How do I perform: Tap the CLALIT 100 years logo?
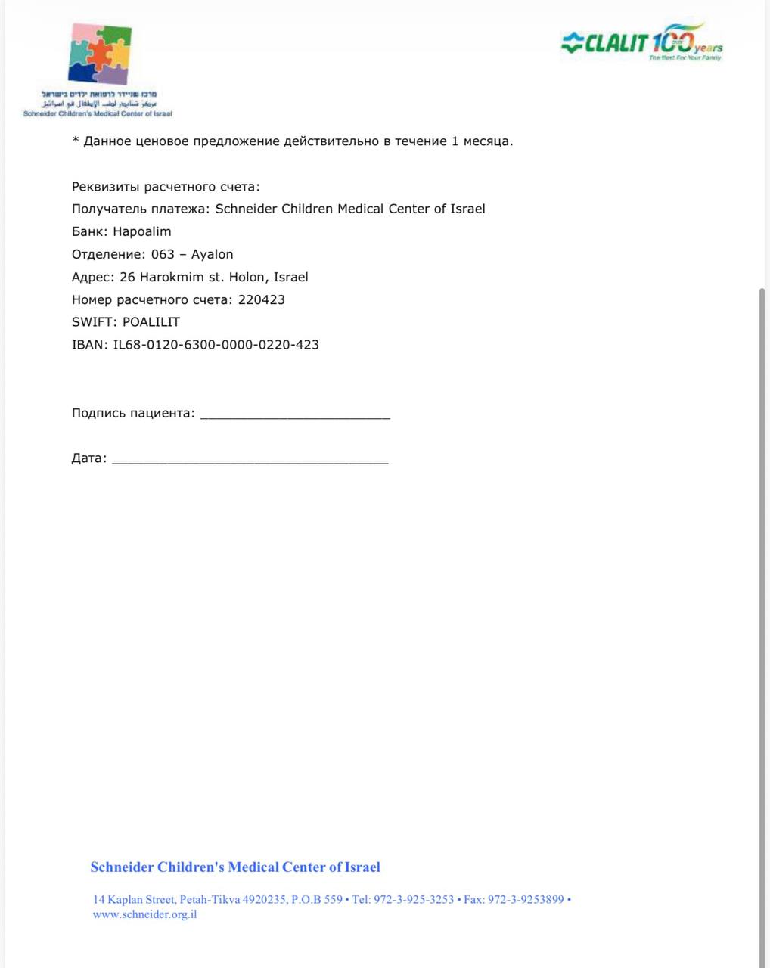click(x=641, y=42)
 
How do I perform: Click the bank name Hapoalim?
click(x=142, y=231)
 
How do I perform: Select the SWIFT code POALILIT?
click(x=151, y=322)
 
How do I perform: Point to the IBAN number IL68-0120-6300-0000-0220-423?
click(x=216, y=345)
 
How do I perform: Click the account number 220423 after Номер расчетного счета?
click(x=262, y=299)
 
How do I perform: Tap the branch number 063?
click(x=163, y=254)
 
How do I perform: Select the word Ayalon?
click(x=212, y=254)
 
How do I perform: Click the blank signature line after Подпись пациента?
click(x=295, y=414)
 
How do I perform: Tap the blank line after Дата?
click(x=250, y=459)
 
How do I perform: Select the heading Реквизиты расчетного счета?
click(x=166, y=187)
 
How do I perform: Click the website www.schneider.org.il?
click(x=145, y=914)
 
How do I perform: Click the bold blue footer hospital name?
click(x=235, y=867)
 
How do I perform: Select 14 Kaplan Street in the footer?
click(x=134, y=900)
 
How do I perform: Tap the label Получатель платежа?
click(x=141, y=209)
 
